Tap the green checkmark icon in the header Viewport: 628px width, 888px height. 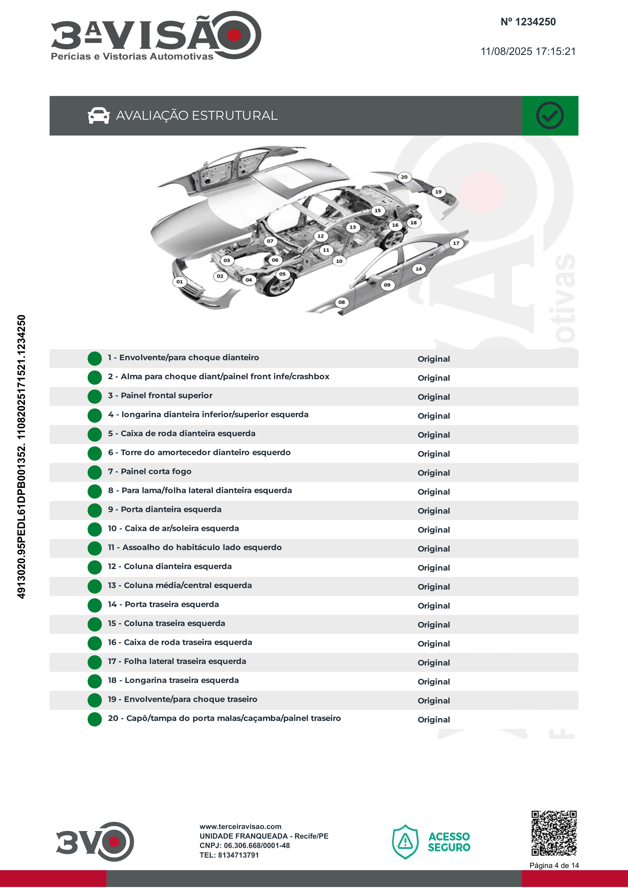[x=549, y=116]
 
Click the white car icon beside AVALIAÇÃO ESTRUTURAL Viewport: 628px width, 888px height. [x=99, y=116]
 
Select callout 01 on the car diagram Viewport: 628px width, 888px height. [x=180, y=281]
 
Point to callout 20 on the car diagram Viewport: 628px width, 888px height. [x=404, y=177]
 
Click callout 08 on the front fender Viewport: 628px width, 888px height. [x=341, y=302]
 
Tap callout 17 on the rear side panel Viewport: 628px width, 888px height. [x=456, y=243]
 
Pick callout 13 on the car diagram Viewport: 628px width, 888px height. [x=352, y=227]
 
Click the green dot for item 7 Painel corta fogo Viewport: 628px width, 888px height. [x=95, y=472]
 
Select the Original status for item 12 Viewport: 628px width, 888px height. [x=433, y=568]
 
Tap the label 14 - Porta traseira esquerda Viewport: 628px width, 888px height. [x=163, y=604]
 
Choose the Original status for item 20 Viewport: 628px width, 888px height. [x=433, y=720]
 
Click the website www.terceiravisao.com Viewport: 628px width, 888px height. [x=240, y=826]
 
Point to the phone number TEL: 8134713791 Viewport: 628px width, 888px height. [x=229, y=855]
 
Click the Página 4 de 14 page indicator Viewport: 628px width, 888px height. [x=554, y=865]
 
